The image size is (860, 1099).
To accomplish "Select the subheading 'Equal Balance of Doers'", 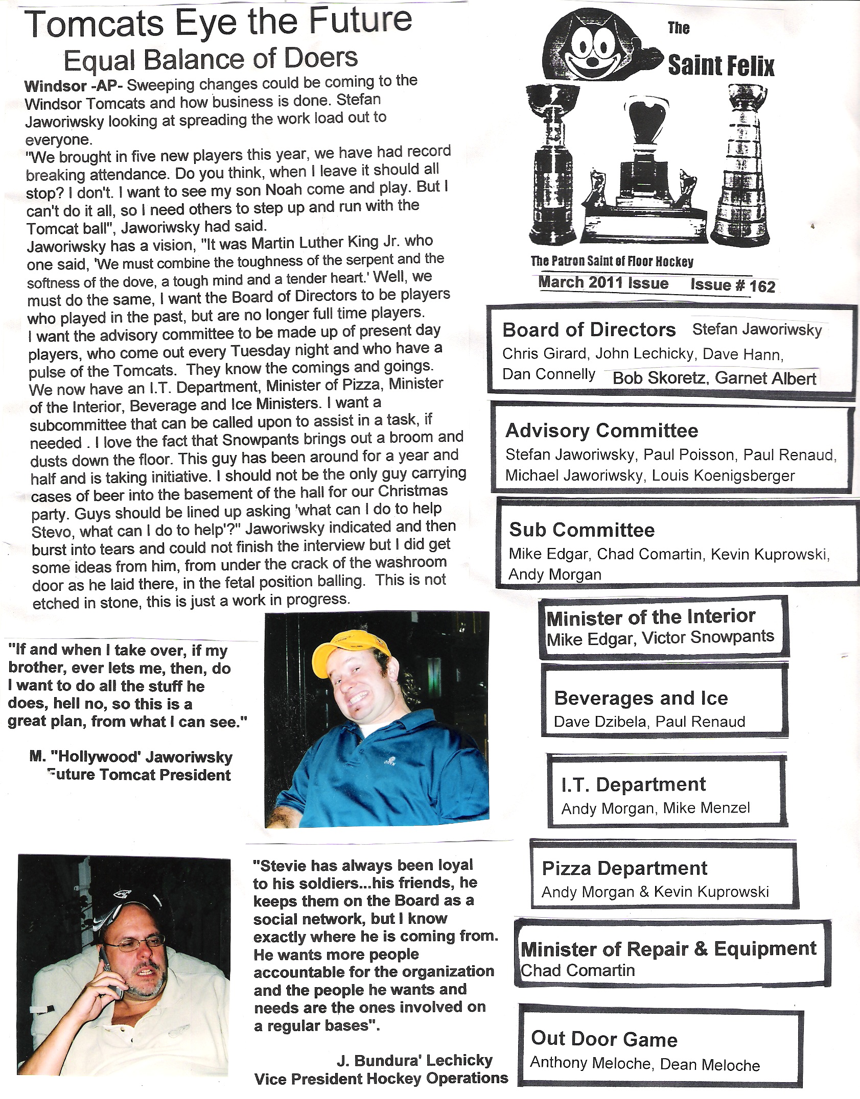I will [x=211, y=60].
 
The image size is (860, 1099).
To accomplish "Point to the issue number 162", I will [x=762, y=286].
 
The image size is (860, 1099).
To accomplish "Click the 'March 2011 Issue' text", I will [x=603, y=283].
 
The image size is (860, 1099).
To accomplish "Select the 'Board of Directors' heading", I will [x=589, y=330].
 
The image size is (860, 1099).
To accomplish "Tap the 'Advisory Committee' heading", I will [x=601, y=431].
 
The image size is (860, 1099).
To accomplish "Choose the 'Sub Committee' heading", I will [x=582, y=530].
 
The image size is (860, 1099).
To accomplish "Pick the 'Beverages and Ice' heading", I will [x=641, y=698].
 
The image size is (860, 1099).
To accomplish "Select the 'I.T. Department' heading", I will [x=633, y=785].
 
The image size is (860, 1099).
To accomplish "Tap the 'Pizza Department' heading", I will [x=624, y=868].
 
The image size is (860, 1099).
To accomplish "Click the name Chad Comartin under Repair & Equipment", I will [x=577, y=970].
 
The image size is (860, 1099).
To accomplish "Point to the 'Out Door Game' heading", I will [x=604, y=1039].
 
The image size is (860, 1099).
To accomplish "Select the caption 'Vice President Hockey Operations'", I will [x=381, y=1079].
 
